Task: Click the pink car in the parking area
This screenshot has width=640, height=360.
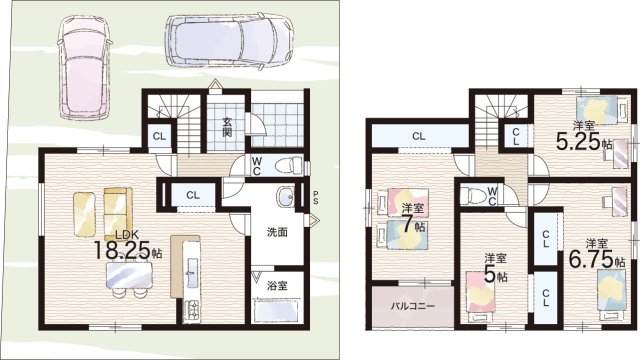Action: tap(85, 67)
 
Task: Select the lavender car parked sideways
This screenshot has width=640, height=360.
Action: tap(230, 40)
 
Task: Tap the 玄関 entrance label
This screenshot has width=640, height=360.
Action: tap(227, 127)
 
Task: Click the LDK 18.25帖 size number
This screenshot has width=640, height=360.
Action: tap(122, 250)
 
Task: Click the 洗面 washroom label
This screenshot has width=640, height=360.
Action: tap(277, 232)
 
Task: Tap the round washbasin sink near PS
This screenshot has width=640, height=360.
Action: tap(286, 196)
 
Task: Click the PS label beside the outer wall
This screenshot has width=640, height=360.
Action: tap(316, 197)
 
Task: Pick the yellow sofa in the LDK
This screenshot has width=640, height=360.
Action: tap(118, 213)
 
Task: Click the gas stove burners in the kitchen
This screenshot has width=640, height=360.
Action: tap(191, 309)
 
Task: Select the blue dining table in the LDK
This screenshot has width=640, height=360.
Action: tap(129, 276)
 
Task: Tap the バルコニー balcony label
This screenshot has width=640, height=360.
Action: tap(413, 306)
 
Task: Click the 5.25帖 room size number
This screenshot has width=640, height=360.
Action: tap(579, 142)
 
